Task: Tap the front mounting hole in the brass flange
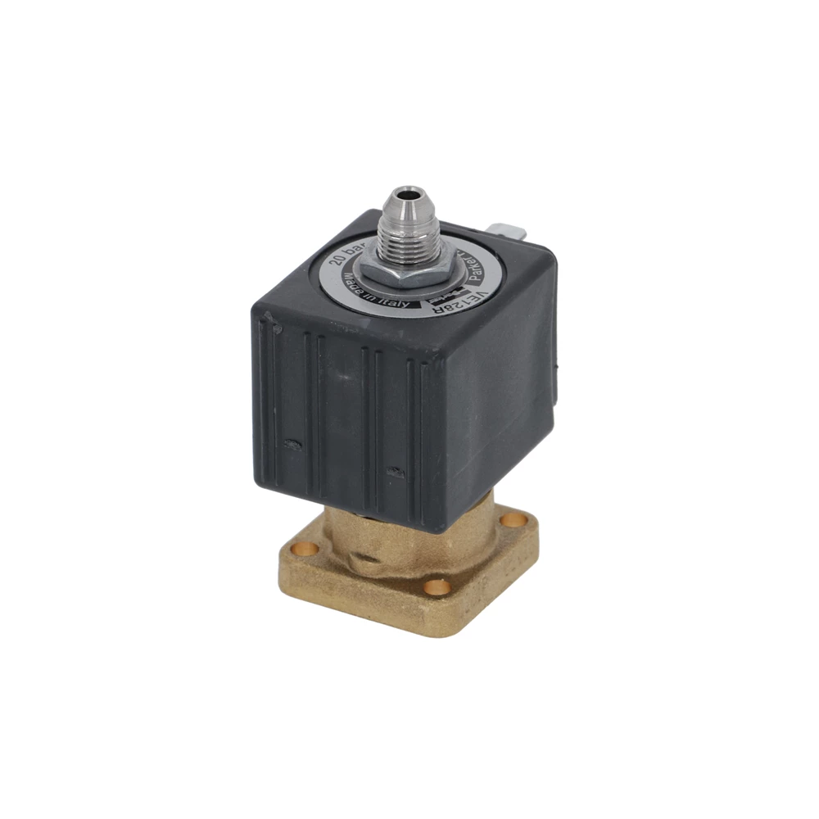pyautogui.click(x=435, y=586)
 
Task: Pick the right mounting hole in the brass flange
pyautogui.click(x=514, y=519)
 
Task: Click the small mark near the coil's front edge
pyautogui.click(x=396, y=473)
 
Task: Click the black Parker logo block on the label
pyautogui.click(x=443, y=297)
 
